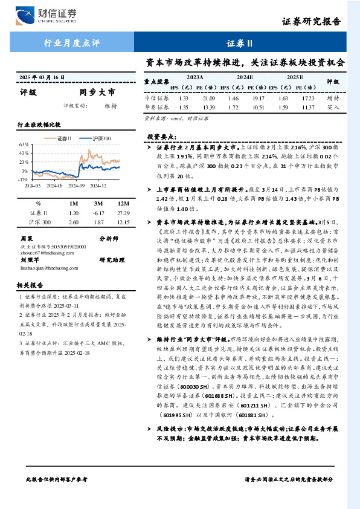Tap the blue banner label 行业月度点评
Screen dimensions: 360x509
pos(71,43)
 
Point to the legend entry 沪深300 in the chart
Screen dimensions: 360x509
pos(101,138)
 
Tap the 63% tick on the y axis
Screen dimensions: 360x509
pos(24,145)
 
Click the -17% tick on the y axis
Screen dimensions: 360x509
pos(24,180)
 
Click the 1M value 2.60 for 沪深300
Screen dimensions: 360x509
pos(74,222)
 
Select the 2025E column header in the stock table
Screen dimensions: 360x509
pos(295,77)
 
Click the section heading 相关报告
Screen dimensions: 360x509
pos(29,285)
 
